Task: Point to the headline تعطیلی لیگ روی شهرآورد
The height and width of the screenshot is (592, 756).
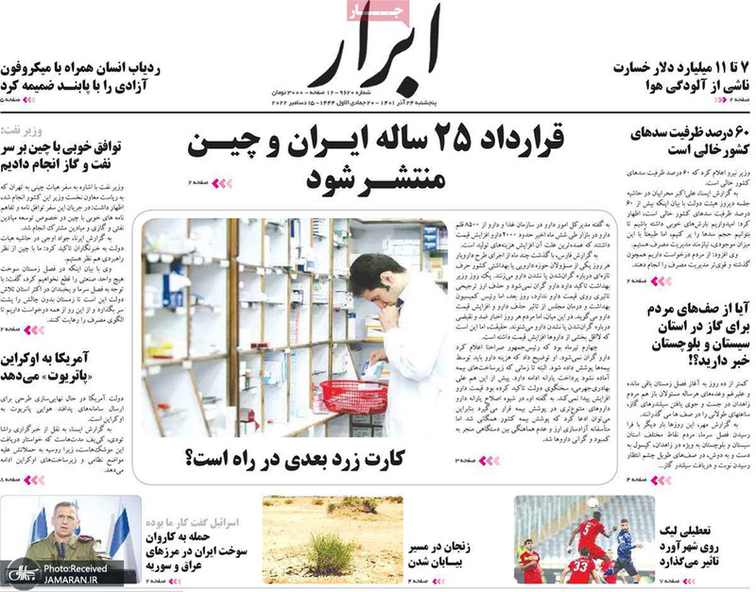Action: [x=696, y=546]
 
